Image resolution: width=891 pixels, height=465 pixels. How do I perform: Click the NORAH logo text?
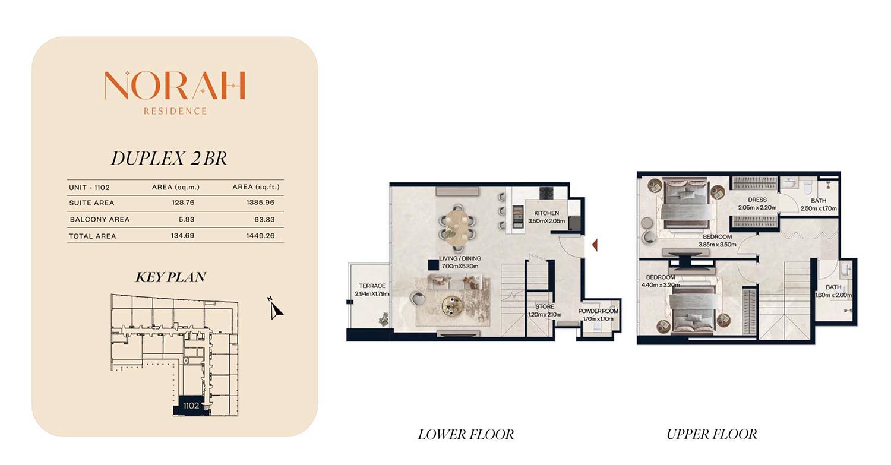click(175, 85)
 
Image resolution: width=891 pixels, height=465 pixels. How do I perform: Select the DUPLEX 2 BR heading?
click(169, 159)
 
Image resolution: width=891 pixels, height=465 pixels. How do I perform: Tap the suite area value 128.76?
click(183, 203)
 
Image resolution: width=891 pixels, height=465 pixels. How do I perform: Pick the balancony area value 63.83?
click(264, 219)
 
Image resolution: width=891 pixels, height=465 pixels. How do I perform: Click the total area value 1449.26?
click(261, 236)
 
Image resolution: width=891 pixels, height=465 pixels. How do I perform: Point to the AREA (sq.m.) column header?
click(175, 187)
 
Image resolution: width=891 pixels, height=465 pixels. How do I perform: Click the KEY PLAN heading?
click(170, 277)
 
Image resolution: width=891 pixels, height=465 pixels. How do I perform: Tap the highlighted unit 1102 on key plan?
click(191, 406)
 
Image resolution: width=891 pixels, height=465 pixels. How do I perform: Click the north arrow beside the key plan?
click(275, 308)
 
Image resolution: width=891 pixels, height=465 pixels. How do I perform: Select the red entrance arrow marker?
click(595, 245)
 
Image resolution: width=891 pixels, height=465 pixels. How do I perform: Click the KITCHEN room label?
click(546, 213)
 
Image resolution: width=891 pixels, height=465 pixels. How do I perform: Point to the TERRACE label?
click(372, 286)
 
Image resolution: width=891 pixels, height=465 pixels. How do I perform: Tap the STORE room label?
click(545, 306)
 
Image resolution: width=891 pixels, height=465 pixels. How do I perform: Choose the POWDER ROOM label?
click(598, 311)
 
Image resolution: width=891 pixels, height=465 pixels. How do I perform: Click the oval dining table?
click(457, 227)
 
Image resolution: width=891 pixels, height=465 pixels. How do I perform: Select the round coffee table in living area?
click(453, 306)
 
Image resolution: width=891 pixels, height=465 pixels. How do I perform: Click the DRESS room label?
click(757, 200)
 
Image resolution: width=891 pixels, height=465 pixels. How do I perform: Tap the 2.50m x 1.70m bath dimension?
click(819, 208)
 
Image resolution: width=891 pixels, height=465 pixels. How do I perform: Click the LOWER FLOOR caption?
click(466, 434)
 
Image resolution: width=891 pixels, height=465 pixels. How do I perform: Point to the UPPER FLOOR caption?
click(712, 434)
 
